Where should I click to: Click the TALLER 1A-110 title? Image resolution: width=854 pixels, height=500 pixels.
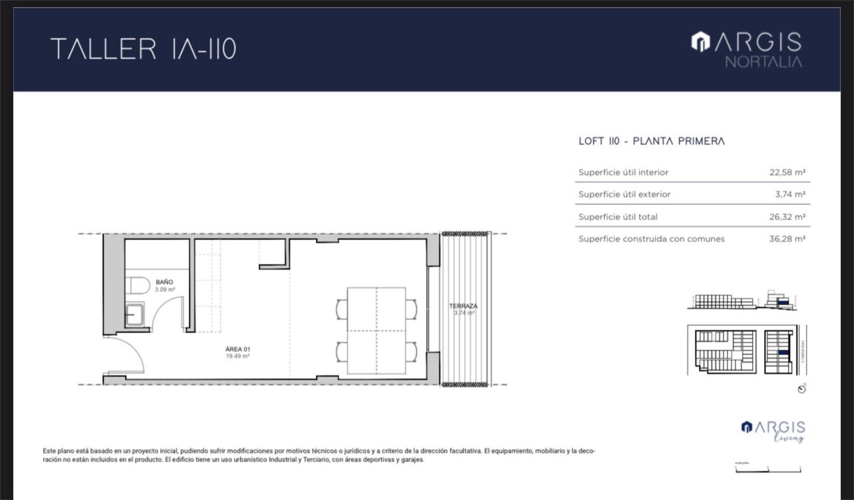tap(143, 48)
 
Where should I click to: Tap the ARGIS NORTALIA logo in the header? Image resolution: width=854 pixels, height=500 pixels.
tap(747, 49)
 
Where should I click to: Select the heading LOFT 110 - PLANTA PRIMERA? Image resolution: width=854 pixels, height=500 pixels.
tap(651, 141)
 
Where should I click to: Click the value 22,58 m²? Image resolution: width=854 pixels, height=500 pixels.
tap(787, 172)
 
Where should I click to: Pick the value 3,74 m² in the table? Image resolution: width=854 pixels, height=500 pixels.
tap(790, 194)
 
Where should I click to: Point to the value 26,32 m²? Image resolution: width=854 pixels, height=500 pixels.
tap(787, 217)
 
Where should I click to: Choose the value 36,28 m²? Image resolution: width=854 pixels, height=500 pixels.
tap(787, 239)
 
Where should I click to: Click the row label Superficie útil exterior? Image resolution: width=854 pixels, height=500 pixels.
tap(624, 194)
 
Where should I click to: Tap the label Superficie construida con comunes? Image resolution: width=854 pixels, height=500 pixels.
tap(651, 239)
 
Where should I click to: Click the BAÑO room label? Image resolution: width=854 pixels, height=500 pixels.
tap(164, 282)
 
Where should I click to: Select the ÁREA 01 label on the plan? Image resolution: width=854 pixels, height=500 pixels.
tap(238, 349)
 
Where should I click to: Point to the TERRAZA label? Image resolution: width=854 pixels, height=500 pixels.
tap(463, 306)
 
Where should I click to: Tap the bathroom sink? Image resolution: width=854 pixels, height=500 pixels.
tap(134, 314)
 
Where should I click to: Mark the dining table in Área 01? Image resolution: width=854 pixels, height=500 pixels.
tap(376, 331)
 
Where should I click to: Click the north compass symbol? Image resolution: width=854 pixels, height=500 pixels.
tap(802, 389)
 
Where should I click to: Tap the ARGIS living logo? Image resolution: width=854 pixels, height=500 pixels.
tap(773, 431)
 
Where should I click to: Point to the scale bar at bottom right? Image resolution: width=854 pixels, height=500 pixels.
tap(768, 469)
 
